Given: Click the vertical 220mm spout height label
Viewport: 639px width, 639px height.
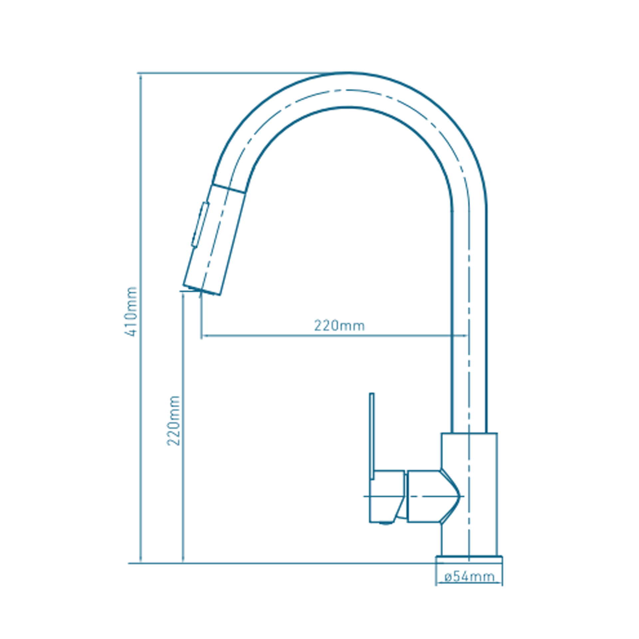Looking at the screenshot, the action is (x=173, y=420).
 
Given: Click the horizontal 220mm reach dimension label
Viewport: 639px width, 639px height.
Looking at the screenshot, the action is (x=339, y=325).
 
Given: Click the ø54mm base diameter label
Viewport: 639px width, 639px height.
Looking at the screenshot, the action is (x=469, y=576).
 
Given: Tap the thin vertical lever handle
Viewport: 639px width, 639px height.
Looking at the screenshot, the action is (x=372, y=436).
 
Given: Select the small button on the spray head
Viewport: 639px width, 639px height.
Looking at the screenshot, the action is (x=200, y=225).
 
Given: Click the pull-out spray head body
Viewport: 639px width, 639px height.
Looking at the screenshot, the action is (x=214, y=240).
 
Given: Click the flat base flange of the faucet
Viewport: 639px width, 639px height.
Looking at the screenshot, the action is (x=469, y=560).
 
